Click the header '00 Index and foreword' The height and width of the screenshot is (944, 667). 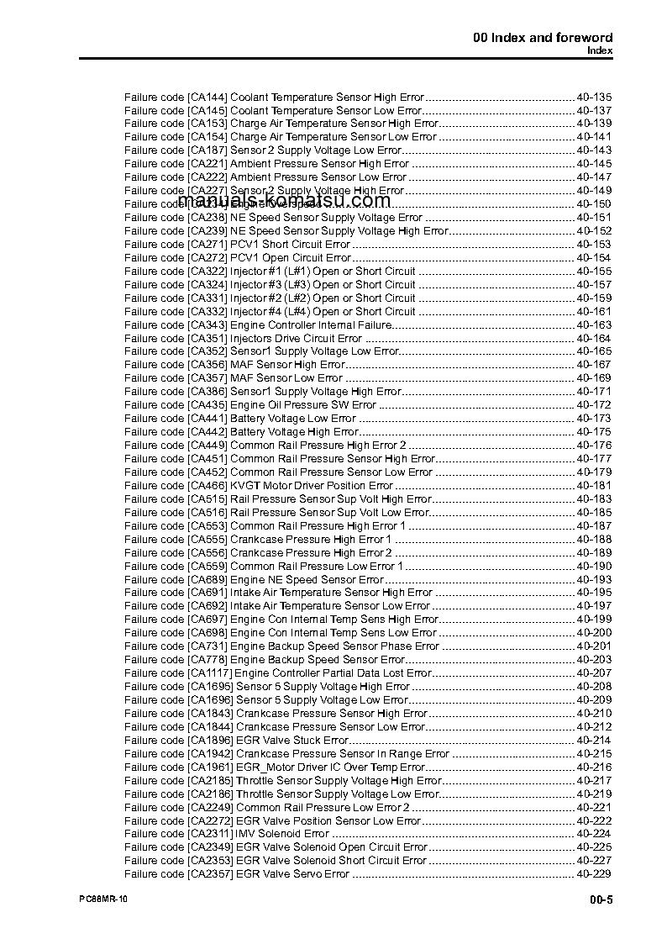point(543,37)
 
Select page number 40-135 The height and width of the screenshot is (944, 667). point(594,97)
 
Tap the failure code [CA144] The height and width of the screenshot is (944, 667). point(207,97)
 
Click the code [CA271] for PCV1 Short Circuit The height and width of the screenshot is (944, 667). point(207,244)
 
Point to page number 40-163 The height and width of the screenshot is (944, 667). point(594,324)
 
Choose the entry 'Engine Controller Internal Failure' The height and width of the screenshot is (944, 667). point(311,324)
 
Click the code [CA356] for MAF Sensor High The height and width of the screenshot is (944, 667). point(207,365)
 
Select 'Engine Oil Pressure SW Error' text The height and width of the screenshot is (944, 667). point(303,405)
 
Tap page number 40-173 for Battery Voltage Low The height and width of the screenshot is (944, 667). point(594,418)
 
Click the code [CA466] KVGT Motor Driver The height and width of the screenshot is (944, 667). point(207,485)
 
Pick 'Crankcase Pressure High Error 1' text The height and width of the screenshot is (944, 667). point(311,539)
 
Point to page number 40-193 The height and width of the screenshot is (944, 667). point(594,579)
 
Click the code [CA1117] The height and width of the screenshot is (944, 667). point(209,672)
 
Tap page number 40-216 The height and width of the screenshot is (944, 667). point(594,767)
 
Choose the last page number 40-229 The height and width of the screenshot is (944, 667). point(594,874)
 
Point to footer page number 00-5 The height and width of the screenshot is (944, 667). point(601,900)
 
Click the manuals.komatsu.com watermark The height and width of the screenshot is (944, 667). point(285,201)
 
